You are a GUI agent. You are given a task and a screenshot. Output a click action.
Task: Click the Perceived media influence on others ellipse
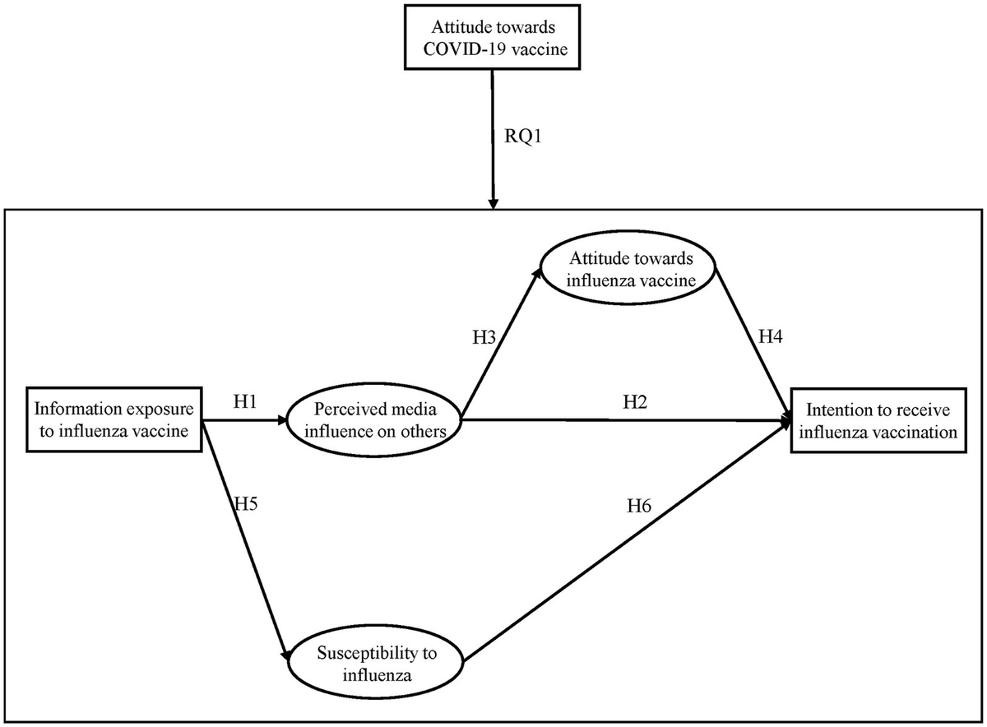(x=374, y=419)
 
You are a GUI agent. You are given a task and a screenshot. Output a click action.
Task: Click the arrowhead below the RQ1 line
(x=493, y=203)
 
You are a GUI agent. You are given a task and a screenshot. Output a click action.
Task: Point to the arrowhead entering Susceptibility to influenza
(x=289, y=655)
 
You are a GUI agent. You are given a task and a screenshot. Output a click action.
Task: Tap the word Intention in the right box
(x=832, y=409)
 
